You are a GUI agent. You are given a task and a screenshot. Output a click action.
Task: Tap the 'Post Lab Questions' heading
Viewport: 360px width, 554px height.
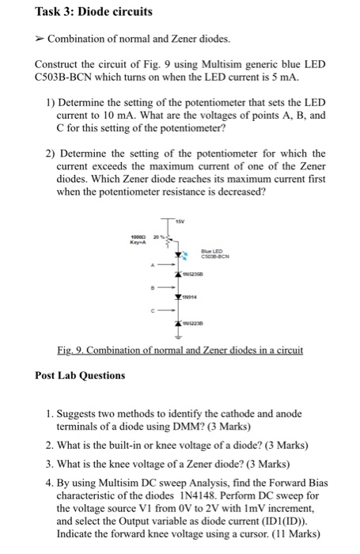click(80, 374)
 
